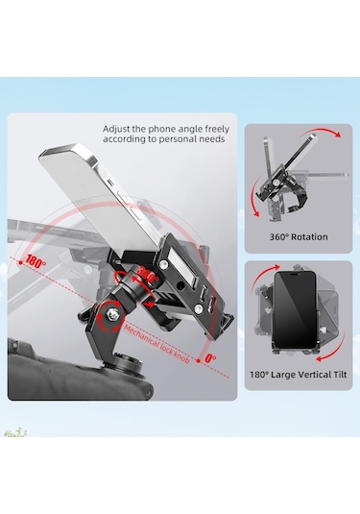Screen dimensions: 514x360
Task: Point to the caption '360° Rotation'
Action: pyautogui.click(x=299, y=236)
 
